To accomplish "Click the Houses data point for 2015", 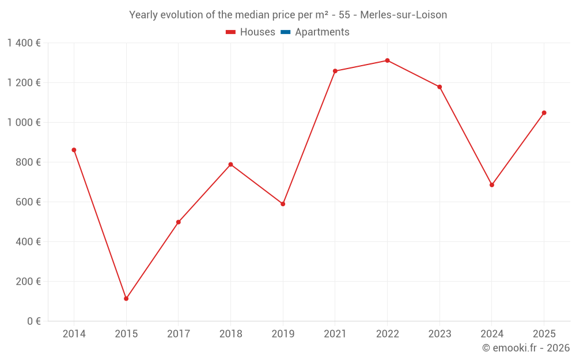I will pyautogui.click(x=126, y=298).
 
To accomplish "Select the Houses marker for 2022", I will pyautogui.click(x=387, y=60).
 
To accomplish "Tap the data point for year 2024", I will pyautogui.click(x=492, y=185).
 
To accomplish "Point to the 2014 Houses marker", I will pyautogui.click(x=74, y=150).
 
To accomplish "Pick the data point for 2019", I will pyautogui.click(x=283, y=204).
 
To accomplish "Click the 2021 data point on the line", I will pyautogui.click(x=335, y=71).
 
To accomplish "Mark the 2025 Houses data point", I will pyautogui.click(x=544, y=113).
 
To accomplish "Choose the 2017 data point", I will pyautogui.click(x=179, y=222).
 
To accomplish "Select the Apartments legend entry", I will pyautogui.click(x=322, y=32).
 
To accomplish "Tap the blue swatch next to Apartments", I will pyautogui.click(x=285, y=32).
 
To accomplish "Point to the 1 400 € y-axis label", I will pyautogui.click(x=24, y=43).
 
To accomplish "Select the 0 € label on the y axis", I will pyautogui.click(x=34, y=321).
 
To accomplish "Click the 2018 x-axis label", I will pyautogui.click(x=230, y=334).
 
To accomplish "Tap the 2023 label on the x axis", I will pyautogui.click(x=439, y=334).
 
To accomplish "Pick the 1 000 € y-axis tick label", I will pyautogui.click(x=24, y=123).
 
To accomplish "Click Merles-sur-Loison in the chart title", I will pyautogui.click(x=403, y=15).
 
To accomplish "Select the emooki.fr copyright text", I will pyautogui.click(x=526, y=348).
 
